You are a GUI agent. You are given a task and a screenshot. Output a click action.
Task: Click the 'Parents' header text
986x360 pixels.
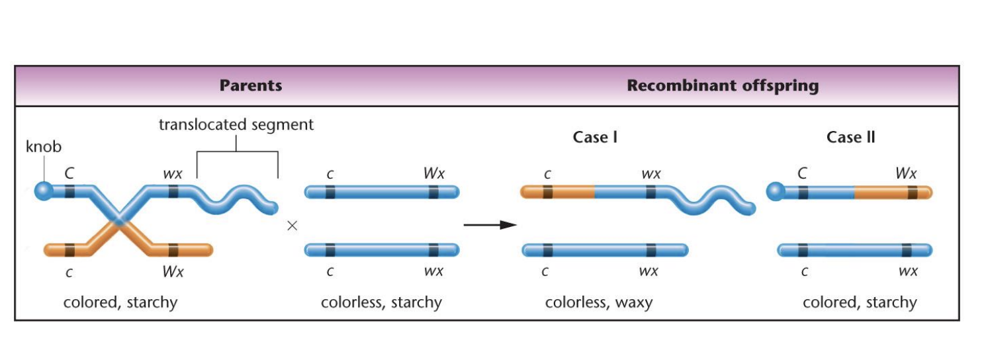click(251, 85)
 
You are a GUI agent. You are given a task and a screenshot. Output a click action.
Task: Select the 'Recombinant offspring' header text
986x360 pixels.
click(723, 85)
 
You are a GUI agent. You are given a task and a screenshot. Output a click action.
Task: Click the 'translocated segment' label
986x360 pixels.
click(236, 124)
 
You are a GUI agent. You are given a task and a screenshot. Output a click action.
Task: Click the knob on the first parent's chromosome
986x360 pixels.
click(43, 191)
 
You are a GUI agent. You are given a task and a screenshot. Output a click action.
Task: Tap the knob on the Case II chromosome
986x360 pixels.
click(774, 192)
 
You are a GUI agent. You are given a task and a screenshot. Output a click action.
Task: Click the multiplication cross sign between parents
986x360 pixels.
click(292, 226)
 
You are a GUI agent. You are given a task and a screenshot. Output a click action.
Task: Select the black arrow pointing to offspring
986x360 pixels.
click(490, 225)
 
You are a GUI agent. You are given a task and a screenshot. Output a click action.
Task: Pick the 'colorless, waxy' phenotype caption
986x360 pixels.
click(598, 303)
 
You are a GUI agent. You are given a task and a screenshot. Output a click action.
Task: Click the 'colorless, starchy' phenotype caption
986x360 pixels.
click(381, 303)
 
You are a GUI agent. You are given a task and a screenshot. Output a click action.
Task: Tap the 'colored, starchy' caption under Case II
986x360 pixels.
click(860, 303)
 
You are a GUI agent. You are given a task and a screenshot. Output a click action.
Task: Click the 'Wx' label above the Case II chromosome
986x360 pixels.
click(906, 174)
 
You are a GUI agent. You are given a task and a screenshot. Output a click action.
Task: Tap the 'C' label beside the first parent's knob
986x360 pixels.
click(69, 174)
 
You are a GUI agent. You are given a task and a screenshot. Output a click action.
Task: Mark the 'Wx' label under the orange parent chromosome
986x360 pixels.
click(173, 271)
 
